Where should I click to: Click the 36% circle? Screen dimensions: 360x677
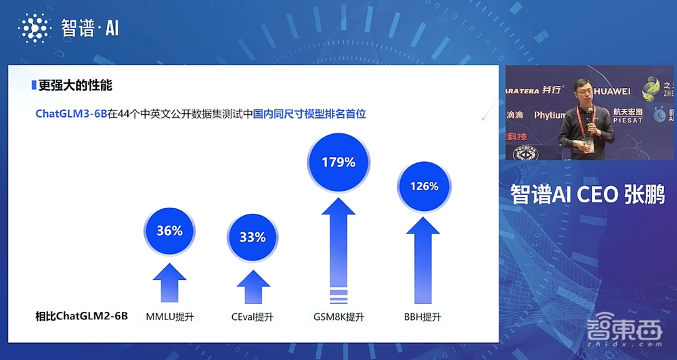tap(169, 231)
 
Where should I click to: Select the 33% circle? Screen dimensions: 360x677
tap(253, 238)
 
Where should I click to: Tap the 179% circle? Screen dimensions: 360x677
tap(338, 162)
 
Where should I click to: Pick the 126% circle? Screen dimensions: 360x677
tap(424, 186)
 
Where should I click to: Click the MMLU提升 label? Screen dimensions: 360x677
tap(170, 316)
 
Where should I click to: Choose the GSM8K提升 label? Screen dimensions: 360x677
tap(338, 316)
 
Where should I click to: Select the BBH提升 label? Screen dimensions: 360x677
tap(424, 316)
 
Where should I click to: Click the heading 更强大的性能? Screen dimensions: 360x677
tap(74, 86)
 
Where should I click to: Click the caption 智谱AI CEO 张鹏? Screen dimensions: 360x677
tap(588, 195)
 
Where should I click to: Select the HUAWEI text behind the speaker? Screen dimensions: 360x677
tap(613, 91)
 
